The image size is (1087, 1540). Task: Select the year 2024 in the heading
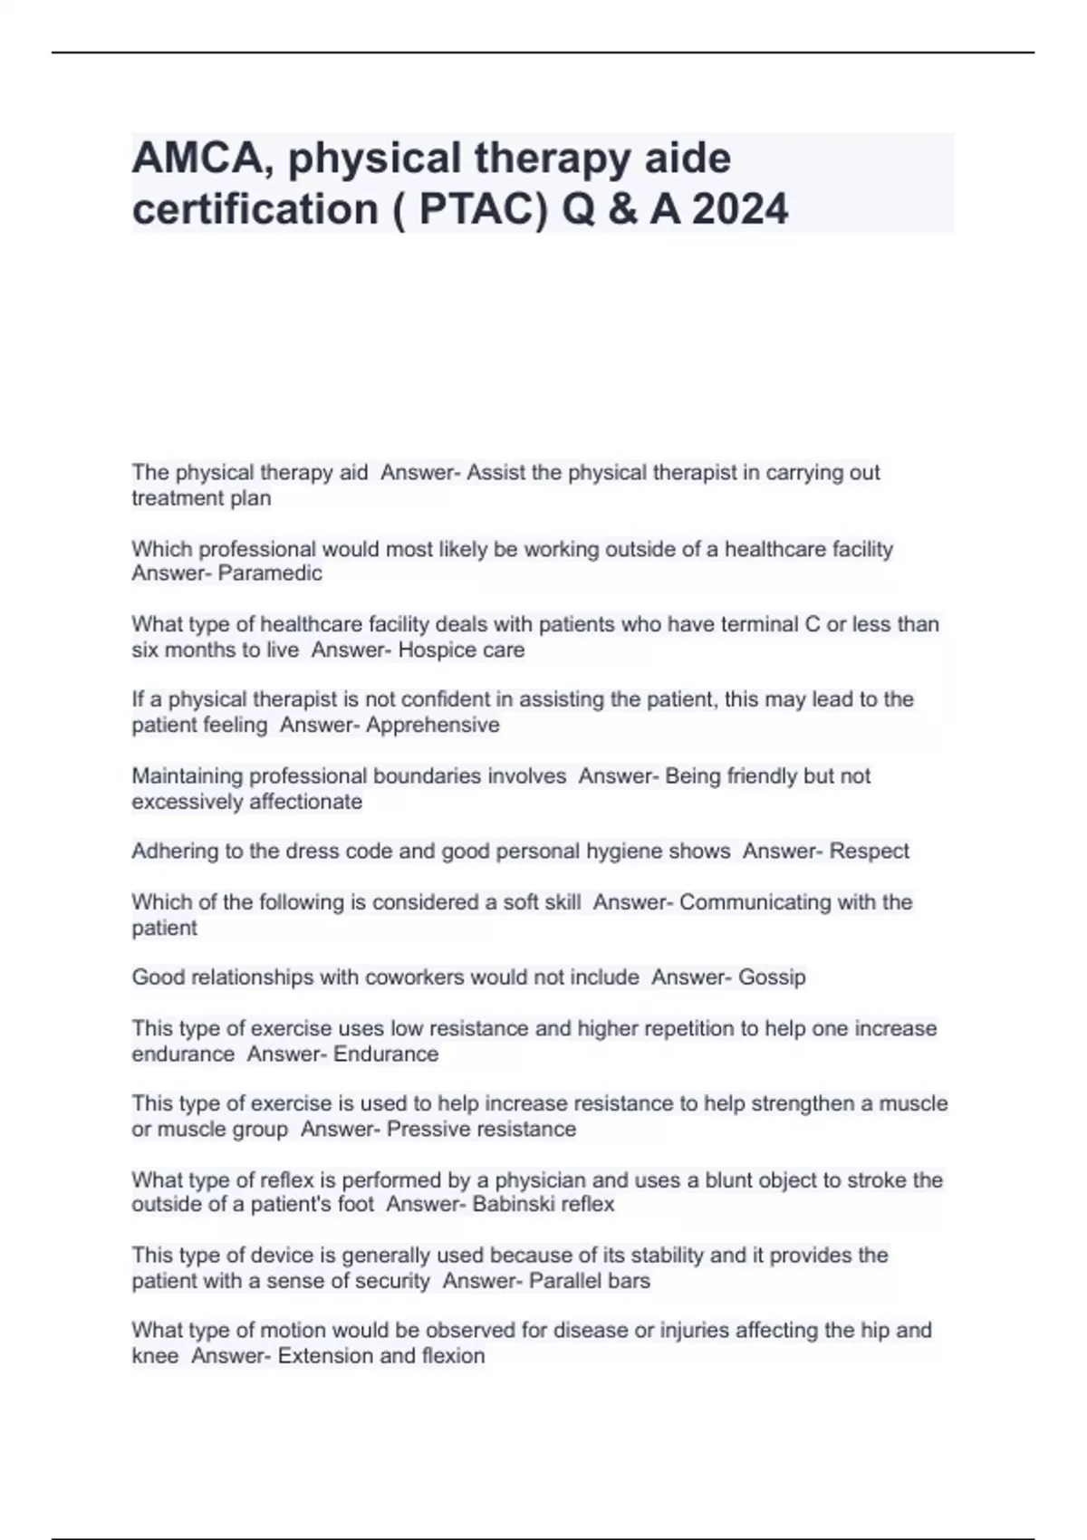(740, 209)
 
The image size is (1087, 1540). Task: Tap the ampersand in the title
(619, 209)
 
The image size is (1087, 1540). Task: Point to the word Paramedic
(270, 573)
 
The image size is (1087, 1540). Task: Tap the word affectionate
(305, 802)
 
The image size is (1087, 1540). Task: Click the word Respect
(869, 852)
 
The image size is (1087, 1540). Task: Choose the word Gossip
(772, 977)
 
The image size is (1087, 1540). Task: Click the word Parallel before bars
(564, 1281)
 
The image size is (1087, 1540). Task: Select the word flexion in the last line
(453, 1356)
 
